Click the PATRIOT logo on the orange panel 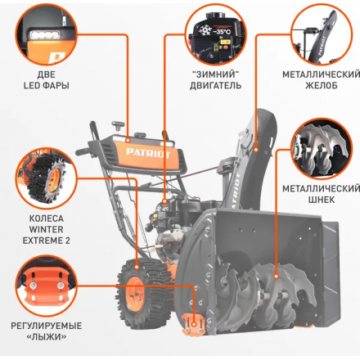click(x=148, y=153)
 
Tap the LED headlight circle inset click(x=47, y=34)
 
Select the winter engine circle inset click(x=215, y=34)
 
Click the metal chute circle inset click(x=322, y=34)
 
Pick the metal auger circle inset click(x=322, y=149)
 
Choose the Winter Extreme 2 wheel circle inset click(x=47, y=178)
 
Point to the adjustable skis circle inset click(x=47, y=286)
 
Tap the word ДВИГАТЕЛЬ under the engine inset click(x=215, y=86)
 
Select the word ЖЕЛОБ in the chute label click(x=322, y=86)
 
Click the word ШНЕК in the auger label click(x=322, y=200)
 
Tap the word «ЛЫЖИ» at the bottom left click(x=47, y=337)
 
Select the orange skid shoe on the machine click(x=192, y=324)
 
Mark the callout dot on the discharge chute click(x=256, y=150)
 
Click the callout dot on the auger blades click(x=276, y=277)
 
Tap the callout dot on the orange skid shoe click(x=194, y=325)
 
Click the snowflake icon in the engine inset click(x=205, y=30)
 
